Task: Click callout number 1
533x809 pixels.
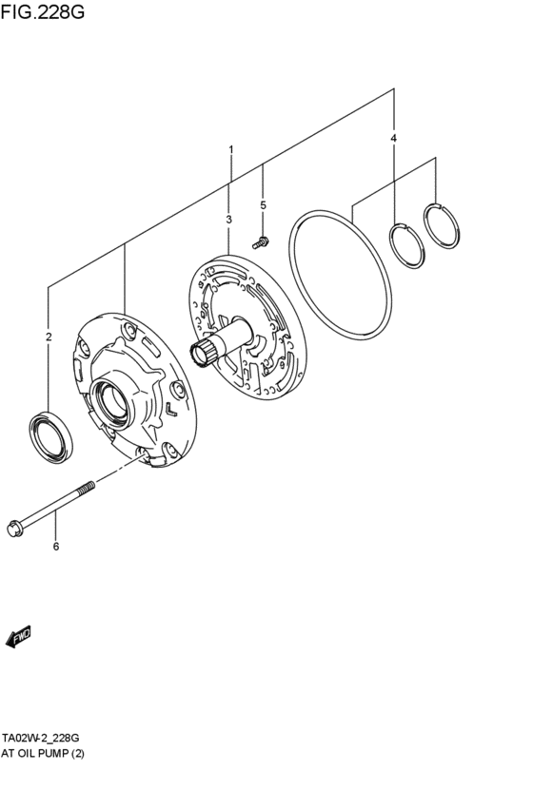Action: point(229,150)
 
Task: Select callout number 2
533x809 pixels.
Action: point(49,336)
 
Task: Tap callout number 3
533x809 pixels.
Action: point(229,220)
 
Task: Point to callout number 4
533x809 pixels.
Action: point(393,139)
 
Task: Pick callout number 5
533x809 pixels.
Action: point(263,204)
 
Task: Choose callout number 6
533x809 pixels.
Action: point(55,546)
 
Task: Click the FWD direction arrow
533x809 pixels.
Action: point(19,638)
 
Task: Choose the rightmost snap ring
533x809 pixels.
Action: point(442,228)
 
